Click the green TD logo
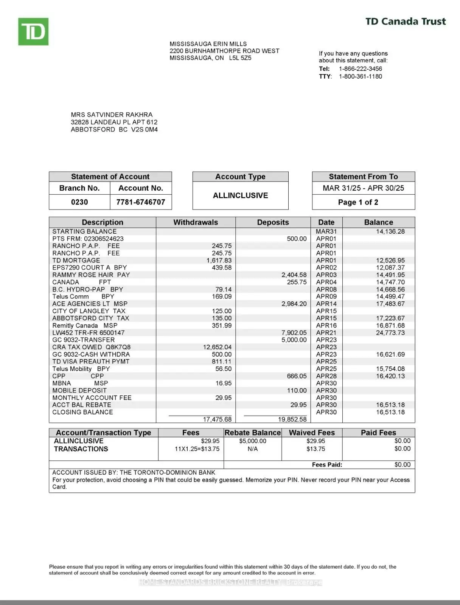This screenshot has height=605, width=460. coord(33,32)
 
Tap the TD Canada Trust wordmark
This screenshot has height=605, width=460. coord(406,22)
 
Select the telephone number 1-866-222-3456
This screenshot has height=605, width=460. coord(360,69)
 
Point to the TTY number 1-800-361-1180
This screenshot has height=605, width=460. coord(360,76)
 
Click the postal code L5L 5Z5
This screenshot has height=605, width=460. coord(240,58)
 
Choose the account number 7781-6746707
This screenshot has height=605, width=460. coord(141,202)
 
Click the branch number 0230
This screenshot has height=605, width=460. coord(79,202)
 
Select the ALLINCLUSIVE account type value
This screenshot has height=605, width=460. coord(240,195)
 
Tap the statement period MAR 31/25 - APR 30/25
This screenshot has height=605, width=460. coord(363,188)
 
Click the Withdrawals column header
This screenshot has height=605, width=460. coord(196,222)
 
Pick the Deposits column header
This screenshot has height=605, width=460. coord(273,222)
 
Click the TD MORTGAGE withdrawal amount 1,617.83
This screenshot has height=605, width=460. coord(219,261)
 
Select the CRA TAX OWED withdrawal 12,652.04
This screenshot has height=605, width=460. coord(217,347)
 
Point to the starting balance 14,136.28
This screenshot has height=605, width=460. coord(390,231)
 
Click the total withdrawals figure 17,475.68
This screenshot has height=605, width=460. coord(217,419)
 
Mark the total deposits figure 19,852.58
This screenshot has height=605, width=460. coord(292,419)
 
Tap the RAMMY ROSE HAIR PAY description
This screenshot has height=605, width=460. coord(91,275)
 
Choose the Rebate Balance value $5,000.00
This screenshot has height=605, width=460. coord(252,441)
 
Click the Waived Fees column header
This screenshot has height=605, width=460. coord(312,433)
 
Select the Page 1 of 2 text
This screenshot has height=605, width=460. coord(358,202)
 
